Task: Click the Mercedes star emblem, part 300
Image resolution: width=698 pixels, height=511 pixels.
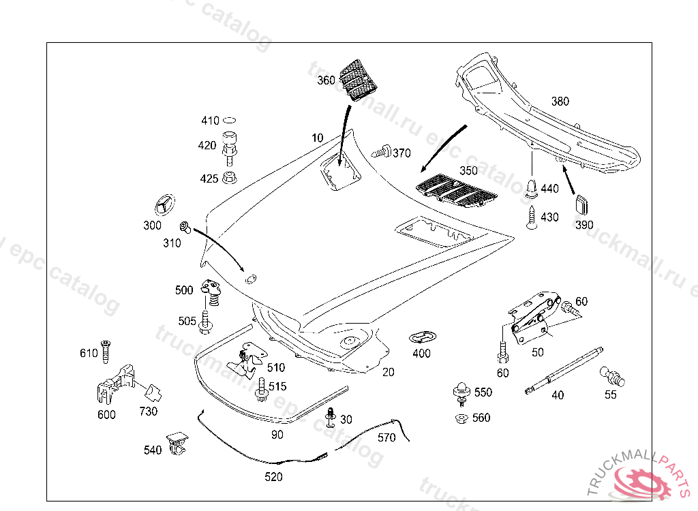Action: click(x=164, y=206)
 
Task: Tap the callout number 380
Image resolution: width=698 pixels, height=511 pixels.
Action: click(x=560, y=102)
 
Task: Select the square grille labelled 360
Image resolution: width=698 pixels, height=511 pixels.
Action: click(x=358, y=79)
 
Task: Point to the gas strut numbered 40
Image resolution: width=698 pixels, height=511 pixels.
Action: click(x=564, y=371)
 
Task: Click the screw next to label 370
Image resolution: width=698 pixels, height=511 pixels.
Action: click(x=380, y=152)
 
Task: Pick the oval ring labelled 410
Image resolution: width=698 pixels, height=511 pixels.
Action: click(x=230, y=120)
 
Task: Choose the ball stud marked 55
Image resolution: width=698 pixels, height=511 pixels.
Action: click(x=612, y=377)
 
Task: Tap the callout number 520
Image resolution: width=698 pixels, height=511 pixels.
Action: click(x=273, y=477)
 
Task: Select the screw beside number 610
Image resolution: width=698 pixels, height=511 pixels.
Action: click(x=106, y=352)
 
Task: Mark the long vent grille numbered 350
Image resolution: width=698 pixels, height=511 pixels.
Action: click(x=456, y=191)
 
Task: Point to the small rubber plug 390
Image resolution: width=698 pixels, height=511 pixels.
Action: click(x=582, y=205)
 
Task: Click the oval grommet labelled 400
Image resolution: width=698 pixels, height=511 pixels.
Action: click(x=423, y=337)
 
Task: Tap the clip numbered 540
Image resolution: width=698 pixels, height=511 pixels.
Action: click(x=177, y=444)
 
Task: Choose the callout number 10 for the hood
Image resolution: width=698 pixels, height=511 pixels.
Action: click(x=318, y=138)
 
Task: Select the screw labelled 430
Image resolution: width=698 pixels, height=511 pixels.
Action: click(x=531, y=217)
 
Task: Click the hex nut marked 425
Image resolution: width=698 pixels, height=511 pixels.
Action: click(x=230, y=177)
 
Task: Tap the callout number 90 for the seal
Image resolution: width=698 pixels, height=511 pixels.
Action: click(x=277, y=435)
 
